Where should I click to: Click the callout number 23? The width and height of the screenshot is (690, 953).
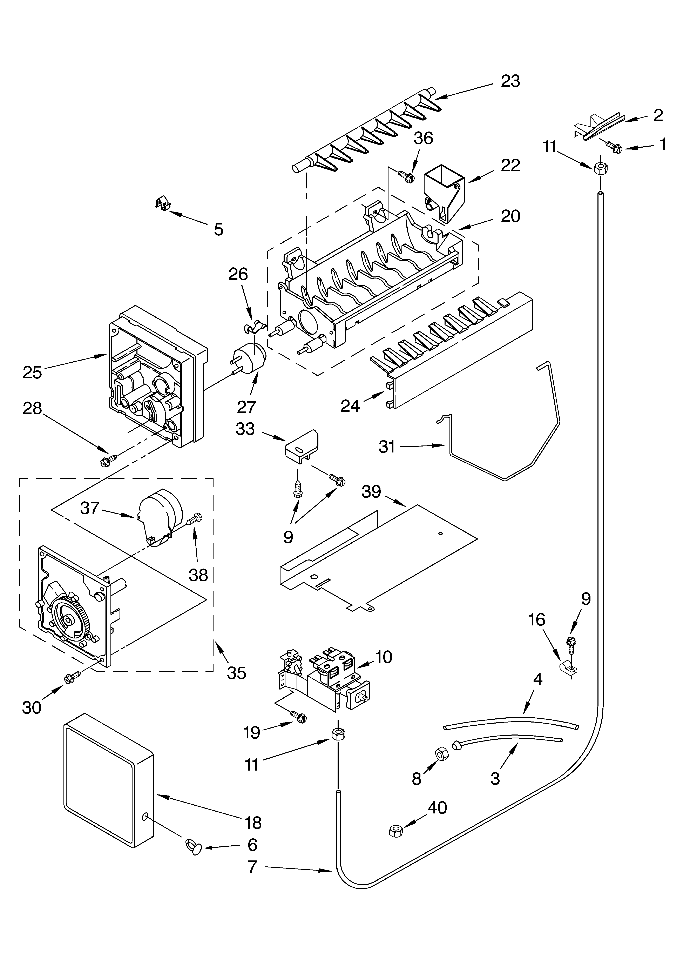point(510,81)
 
